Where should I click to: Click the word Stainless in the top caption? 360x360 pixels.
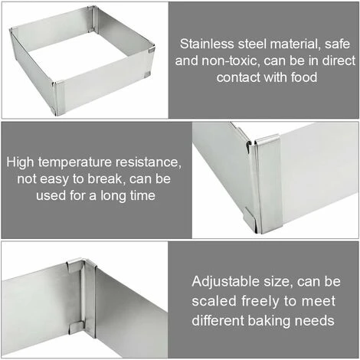click(207, 44)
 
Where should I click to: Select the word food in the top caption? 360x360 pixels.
click(304, 77)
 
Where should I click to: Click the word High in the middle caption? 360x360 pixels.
click(20, 162)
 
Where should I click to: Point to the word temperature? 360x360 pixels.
click(75, 162)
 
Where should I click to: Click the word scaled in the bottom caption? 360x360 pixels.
click(214, 301)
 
